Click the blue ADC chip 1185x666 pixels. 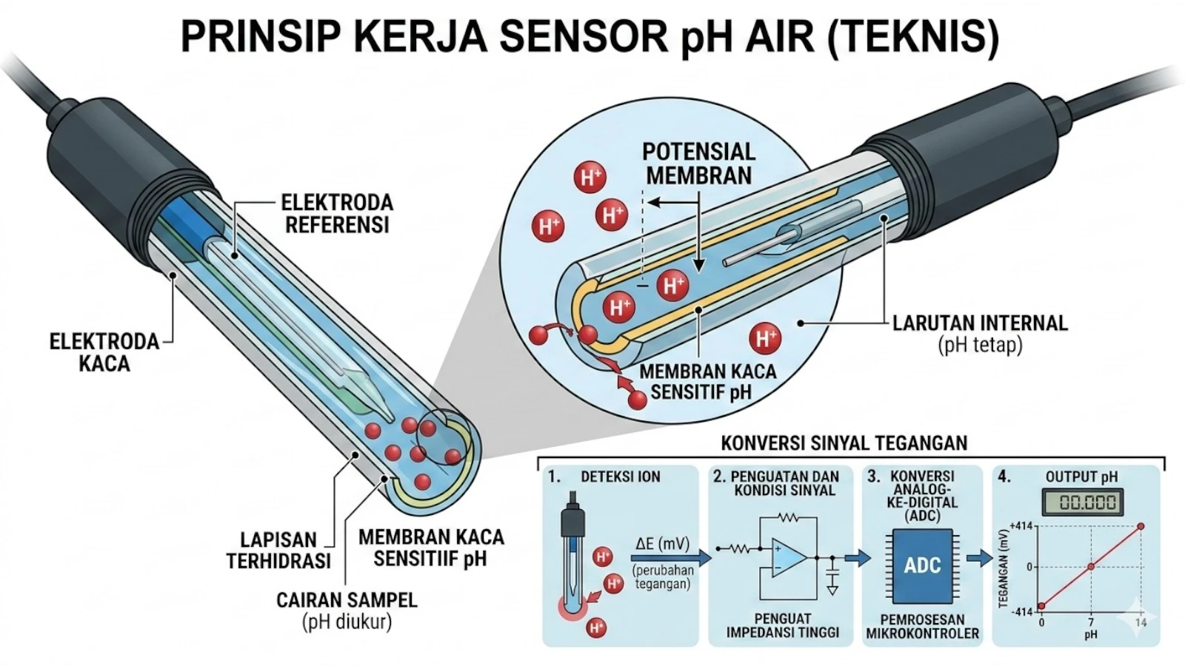922,566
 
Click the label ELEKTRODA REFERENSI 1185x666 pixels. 337,213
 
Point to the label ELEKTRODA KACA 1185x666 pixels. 104,352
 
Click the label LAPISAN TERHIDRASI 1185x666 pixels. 278,550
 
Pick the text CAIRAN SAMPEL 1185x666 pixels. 347,599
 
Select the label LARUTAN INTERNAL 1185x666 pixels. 979,323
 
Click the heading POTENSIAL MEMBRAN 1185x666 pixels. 698,164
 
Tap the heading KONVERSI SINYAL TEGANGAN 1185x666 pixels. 844,443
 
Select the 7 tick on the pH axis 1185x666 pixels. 1090,623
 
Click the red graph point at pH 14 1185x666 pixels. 1141,526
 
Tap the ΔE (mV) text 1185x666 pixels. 662,545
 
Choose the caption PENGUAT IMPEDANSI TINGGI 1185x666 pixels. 783,625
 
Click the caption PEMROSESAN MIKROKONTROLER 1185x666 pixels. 922,626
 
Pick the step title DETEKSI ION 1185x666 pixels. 620,477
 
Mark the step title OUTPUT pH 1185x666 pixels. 1081,477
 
